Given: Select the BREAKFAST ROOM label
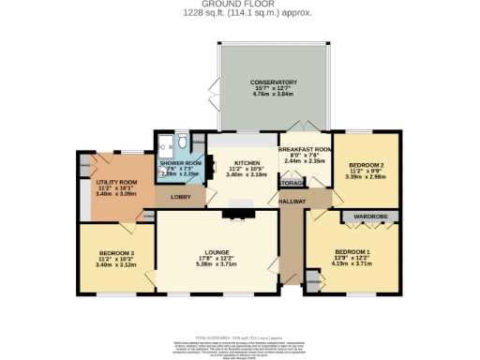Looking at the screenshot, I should click(305, 149).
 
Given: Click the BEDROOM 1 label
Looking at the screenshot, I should click(352, 252).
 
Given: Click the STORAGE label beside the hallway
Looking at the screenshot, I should click(292, 184).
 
